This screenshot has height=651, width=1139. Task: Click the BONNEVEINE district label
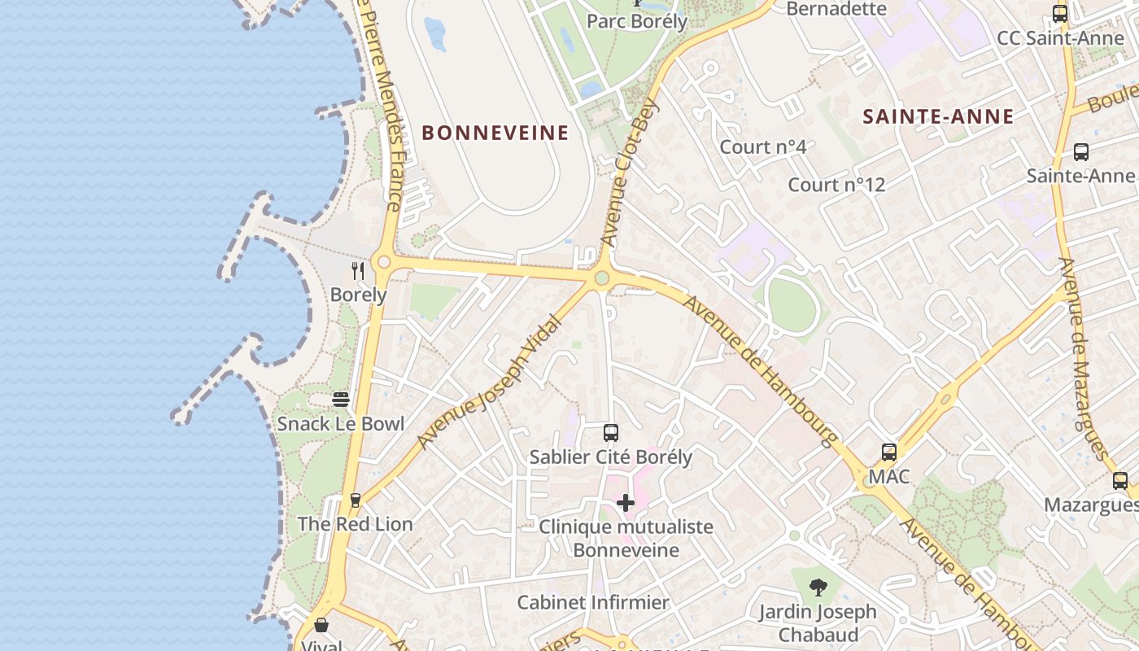tap(495, 133)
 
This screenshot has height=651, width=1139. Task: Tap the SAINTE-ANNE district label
tap(938, 116)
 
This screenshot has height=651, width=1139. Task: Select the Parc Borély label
tap(637, 21)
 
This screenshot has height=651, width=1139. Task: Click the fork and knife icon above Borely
tap(358, 270)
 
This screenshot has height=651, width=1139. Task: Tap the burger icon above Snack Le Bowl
tap(341, 400)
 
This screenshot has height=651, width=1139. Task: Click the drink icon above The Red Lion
tap(355, 500)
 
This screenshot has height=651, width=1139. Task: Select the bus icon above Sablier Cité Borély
tap(611, 433)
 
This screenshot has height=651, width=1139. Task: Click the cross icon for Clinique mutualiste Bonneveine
tap(626, 503)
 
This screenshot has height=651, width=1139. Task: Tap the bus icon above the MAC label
tap(889, 452)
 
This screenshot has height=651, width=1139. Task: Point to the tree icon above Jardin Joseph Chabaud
tap(818, 587)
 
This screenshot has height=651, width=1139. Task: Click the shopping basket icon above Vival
tap(321, 625)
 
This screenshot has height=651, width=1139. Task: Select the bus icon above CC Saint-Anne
tap(1060, 14)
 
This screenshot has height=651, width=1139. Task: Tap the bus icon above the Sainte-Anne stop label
tap(1080, 151)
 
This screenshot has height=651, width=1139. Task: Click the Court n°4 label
tap(763, 147)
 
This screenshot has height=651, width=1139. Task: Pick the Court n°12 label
tap(836, 185)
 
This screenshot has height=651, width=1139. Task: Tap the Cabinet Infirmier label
tap(593, 603)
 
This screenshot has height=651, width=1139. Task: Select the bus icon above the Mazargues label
tap(1120, 480)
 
